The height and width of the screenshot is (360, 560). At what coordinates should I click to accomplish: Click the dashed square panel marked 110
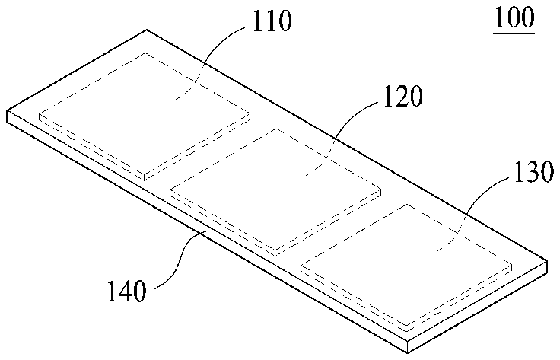click(145, 114)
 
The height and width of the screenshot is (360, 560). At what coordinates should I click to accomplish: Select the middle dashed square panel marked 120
click(276, 190)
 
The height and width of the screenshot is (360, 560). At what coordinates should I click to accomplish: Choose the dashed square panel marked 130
click(408, 265)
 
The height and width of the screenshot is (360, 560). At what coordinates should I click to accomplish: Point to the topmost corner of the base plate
click(146, 31)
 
